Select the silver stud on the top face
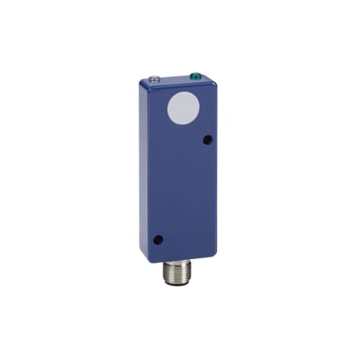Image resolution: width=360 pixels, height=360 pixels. coord(156,79)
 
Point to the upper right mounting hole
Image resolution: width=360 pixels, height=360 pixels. coord(208,139)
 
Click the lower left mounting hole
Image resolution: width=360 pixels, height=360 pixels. coord(158,240)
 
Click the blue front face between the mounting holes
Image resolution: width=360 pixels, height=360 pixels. coord(184,189)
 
